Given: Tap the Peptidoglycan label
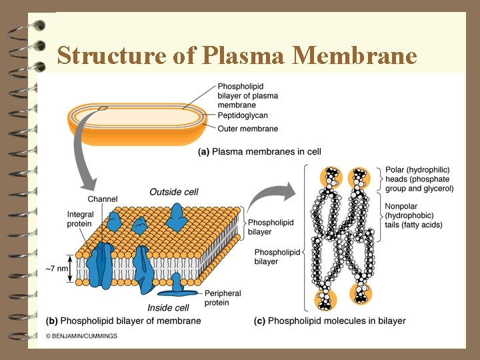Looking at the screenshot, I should point(243,115).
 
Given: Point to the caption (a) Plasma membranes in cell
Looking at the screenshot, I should point(260,152).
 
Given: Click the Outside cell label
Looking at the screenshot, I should point(173,192).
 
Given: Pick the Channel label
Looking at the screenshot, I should point(103,199).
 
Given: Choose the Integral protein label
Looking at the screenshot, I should point(81,219).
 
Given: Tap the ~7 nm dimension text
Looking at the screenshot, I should point(58,269).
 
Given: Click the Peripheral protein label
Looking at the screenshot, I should point(223,298).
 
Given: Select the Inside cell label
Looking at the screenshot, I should point(168,308).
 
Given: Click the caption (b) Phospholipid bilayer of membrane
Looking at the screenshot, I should point(123,321).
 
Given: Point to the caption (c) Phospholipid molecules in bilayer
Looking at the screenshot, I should point(329,321).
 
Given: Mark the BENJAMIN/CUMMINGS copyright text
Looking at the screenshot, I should point(81,336).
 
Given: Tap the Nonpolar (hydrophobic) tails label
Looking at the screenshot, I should point(413,215).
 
